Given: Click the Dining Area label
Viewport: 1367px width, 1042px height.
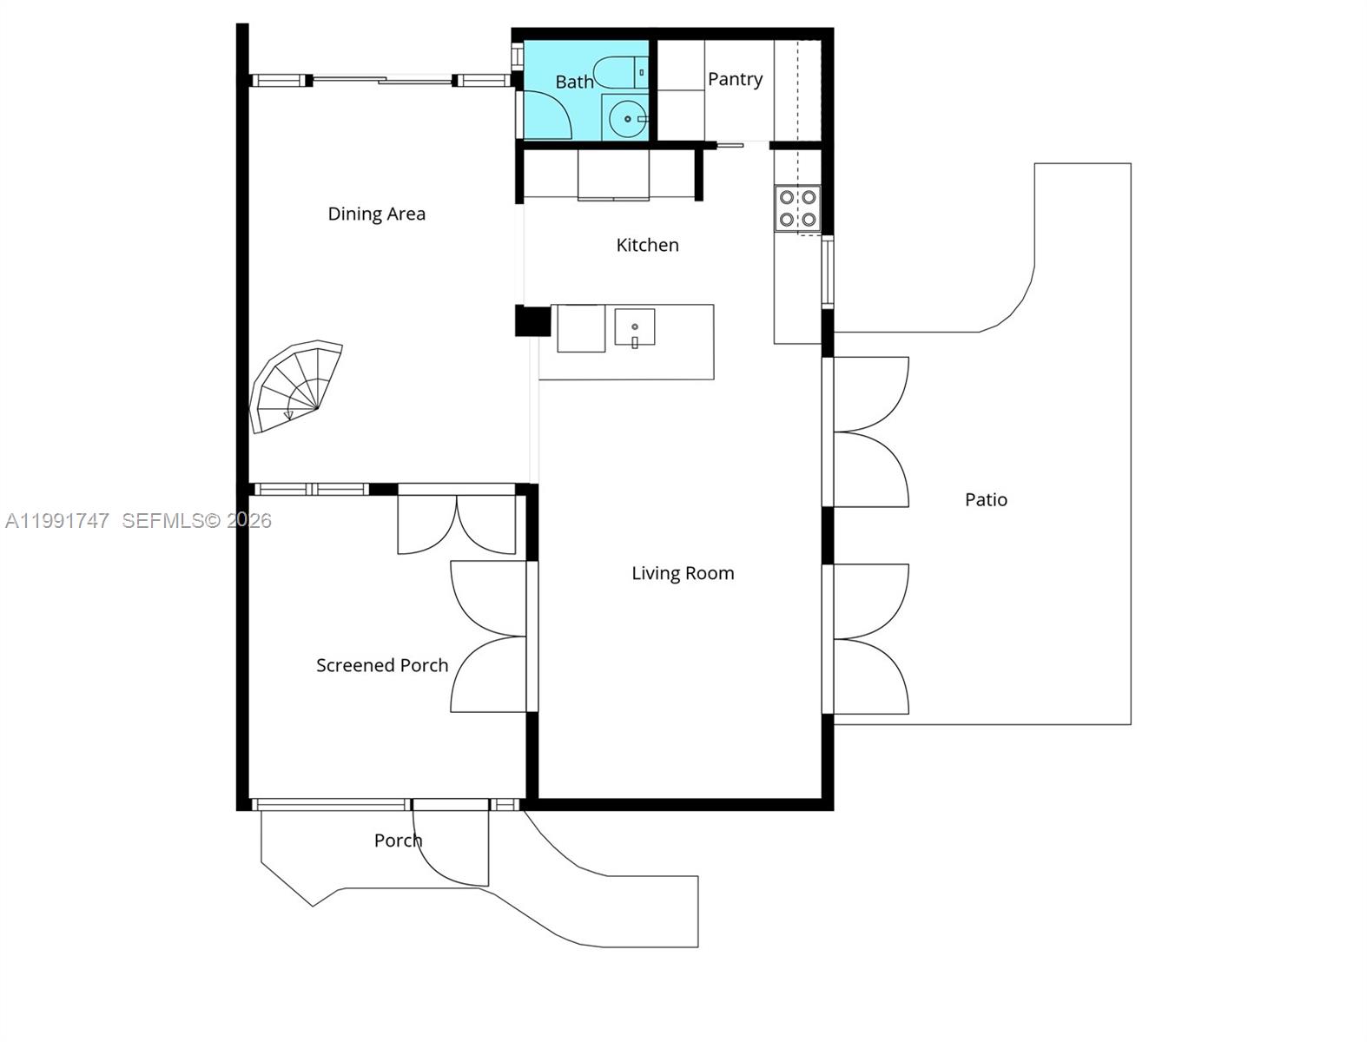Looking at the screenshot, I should [376, 214].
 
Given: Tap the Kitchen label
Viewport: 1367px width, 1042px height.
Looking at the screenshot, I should [647, 245].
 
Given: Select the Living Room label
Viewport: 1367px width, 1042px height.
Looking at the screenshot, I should [683, 573].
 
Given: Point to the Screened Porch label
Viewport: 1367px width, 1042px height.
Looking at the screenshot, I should [382, 665].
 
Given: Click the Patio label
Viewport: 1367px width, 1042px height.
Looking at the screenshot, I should [986, 499].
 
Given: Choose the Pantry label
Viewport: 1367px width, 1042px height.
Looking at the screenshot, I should [735, 79].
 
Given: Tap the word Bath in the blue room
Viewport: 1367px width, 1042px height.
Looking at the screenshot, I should [574, 82].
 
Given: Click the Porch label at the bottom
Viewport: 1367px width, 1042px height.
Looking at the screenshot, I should [398, 841].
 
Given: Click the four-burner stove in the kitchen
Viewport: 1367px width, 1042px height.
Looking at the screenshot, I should [797, 208].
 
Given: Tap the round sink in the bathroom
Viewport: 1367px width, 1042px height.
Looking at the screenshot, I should [627, 119].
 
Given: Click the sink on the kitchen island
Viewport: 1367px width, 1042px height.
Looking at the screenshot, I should [635, 327].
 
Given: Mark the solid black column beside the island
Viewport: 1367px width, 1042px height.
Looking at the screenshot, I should [532, 320].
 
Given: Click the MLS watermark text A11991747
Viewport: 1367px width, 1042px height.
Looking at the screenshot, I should [57, 520].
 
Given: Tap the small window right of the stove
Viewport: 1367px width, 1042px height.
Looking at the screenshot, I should [828, 272].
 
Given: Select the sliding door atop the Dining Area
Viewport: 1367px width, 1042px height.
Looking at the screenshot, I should [383, 81].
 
